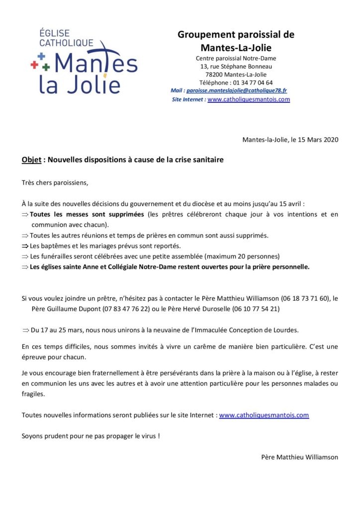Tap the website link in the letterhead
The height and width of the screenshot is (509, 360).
pos(248,99)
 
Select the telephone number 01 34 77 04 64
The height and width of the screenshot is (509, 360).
pos(253,83)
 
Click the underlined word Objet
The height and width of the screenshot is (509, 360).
pos(31,160)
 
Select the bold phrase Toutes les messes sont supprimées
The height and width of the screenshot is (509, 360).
pos(87,214)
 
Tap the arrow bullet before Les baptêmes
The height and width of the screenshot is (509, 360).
pos(25,246)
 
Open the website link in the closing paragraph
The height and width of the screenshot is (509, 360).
pos(264,415)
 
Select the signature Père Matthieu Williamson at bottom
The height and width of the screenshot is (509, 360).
pos(299,457)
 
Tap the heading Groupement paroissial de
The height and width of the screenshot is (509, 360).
pos(236,35)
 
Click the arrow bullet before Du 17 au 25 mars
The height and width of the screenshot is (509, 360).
pos(26,330)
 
